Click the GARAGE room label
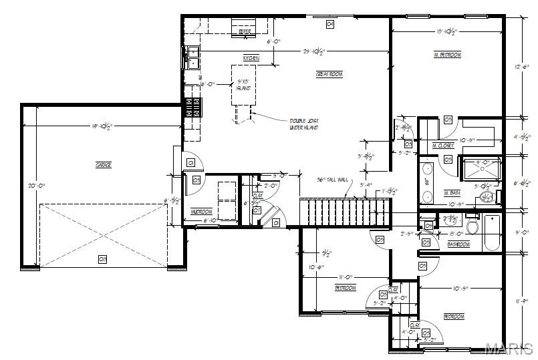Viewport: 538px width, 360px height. point(103,164)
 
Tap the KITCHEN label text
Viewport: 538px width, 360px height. point(251,59)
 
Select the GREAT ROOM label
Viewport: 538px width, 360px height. point(329,74)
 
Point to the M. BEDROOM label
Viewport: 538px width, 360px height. point(447,55)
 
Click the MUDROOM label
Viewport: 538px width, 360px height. point(201,212)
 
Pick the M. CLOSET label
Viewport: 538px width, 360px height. point(443,145)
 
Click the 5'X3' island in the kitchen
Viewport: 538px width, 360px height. point(245,85)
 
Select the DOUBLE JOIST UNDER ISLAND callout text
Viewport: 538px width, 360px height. point(303,124)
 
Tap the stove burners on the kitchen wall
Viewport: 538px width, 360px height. point(193,106)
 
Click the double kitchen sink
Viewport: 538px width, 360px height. point(192,58)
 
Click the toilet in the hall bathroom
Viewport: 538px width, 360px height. point(473,226)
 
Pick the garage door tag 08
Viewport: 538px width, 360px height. point(102,259)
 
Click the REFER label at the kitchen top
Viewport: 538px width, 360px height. point(245,31)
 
